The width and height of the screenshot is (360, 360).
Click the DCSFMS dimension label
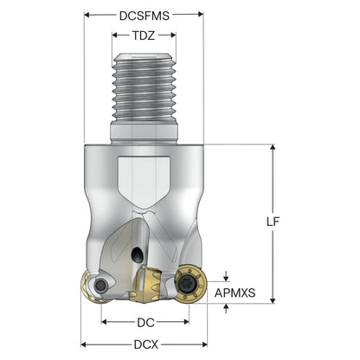coord(145,16)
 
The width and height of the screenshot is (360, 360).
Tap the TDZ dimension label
coord(144,35)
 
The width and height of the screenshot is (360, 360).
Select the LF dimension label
coord(273,222)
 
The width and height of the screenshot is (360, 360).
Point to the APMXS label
coord(235,293)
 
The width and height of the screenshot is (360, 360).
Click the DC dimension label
coord(145,323)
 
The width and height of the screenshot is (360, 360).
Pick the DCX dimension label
coord(146,344)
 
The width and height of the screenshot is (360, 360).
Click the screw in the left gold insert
coord(100,286)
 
